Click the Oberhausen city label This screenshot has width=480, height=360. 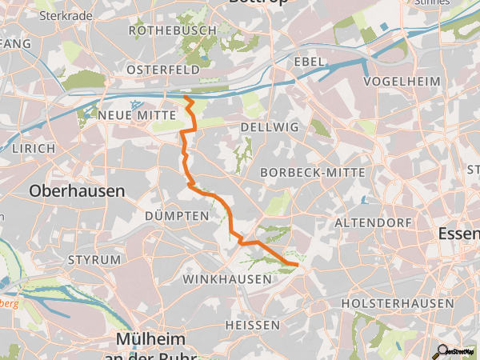pos(77,191)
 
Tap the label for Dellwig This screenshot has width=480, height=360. pos(263,127)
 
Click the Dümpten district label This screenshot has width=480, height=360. pos(170,216)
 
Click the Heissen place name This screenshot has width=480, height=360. pos(252,325)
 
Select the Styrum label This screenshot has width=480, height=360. pos(94,260)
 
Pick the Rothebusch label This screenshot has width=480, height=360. pos(172,30)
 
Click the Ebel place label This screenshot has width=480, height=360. pos(309,62)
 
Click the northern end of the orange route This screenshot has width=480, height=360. pos(186,97)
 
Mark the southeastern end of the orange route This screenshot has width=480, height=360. pos(297,263)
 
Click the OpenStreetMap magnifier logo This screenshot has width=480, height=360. pos(442,350)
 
